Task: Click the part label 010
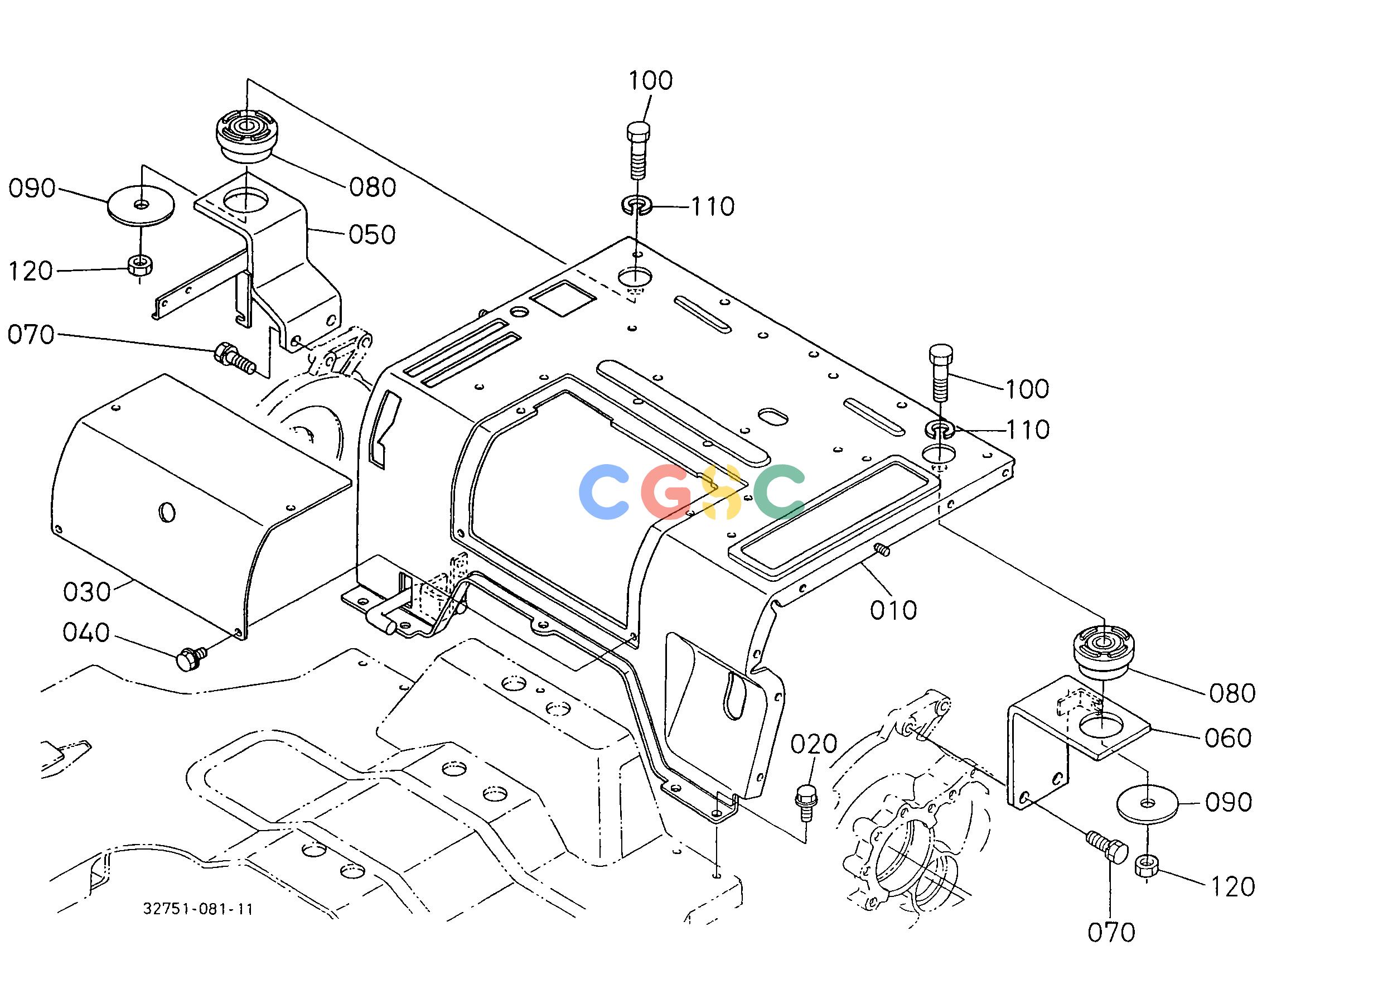[893, 610]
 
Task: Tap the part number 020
[814, 744]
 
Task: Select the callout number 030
[86, 592]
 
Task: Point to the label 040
[86, 633]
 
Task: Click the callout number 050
[372, 234]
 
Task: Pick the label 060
[1228, 738]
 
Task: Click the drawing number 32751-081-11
[198, 909]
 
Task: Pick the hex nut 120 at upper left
[141, 265]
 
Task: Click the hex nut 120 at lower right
[1147, 865]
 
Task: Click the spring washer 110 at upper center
[636, 205]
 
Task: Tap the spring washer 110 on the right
[940, 430]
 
